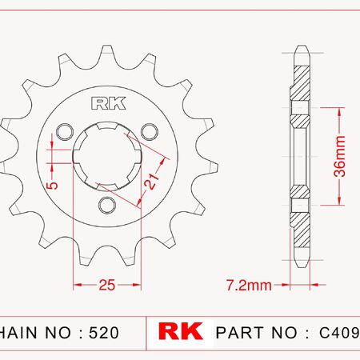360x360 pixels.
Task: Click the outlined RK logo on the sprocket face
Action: pos(108,103)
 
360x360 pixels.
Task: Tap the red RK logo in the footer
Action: pos(181,331)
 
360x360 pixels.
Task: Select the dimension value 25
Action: pos(107,285)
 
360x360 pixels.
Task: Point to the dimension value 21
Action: pos(151,182)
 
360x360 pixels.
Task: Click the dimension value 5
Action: pos(53,186)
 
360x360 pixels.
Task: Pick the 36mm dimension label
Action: pos(340,157)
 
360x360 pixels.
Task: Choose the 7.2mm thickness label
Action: pos(249,285)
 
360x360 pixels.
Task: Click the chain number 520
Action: pos(104,333)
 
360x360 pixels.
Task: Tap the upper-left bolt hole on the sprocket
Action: pos(65,132)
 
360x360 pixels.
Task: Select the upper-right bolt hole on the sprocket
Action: pos(150,132)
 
